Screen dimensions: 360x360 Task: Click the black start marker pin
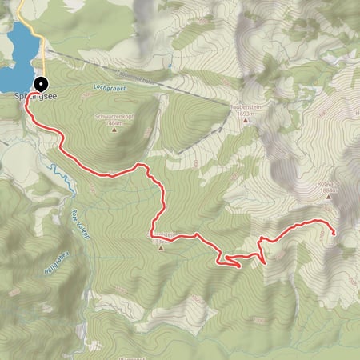(41, 83)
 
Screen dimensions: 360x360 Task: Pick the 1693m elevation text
(245, 114)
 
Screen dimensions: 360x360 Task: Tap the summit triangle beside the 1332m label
(162, 247)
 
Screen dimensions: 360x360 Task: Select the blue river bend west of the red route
(56, 171)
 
